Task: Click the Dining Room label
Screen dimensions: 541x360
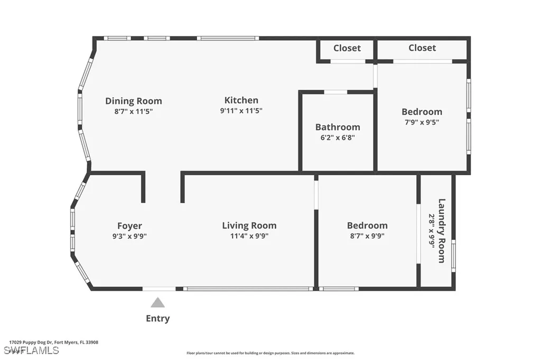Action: [134, 101]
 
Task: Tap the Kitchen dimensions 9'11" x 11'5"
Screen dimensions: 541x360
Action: [241, 111]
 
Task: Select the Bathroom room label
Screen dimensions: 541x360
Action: [338, 127]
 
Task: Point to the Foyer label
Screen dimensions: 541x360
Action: [130, 226]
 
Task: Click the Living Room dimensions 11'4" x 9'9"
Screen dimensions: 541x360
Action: [249, 236]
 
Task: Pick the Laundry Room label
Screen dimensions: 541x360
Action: [442, 231]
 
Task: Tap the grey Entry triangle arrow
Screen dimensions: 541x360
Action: [157, 302]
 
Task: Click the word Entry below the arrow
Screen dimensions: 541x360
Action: [157, 318]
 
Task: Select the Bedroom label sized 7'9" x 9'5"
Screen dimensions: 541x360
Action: [422, 112]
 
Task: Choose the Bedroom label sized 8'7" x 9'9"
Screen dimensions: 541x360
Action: [368, 225]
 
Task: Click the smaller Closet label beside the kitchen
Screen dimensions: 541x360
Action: [347, 48]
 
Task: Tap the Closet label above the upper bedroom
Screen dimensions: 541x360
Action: [422, 48]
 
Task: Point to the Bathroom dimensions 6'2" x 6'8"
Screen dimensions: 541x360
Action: [338, 138]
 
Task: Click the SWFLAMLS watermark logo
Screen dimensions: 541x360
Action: [31, 350]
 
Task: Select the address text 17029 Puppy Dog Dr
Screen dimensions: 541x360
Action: [31, 343]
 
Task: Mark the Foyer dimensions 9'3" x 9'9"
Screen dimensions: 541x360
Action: [130, 236]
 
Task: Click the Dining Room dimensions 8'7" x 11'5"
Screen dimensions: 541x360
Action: [134, 111]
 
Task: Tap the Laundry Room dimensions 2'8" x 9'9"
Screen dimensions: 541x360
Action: [431, 231]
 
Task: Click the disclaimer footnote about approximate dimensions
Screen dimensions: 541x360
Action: [270, 353]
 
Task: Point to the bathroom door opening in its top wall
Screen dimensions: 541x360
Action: [335, 92]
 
